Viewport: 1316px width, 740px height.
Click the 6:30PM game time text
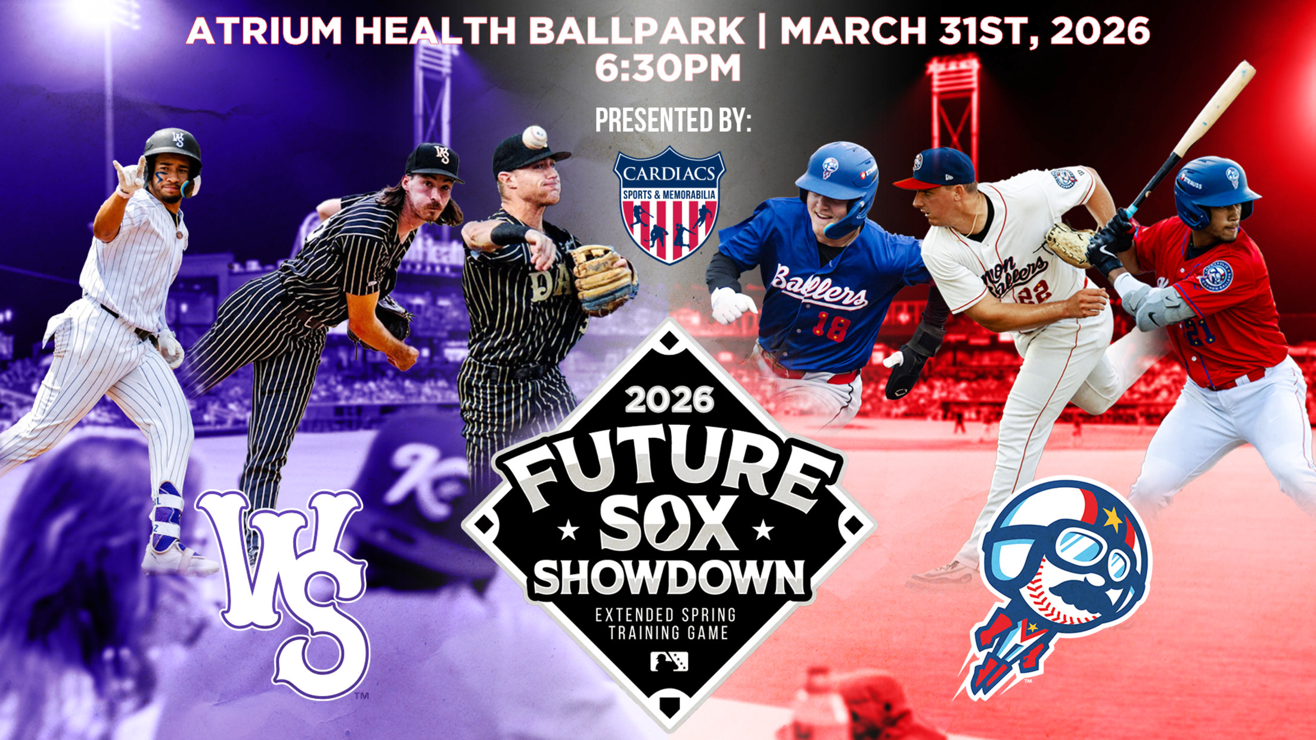point(668,68)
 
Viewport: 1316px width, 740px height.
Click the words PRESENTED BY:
point(673,120)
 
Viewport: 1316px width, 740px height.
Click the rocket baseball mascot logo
point(1055,587)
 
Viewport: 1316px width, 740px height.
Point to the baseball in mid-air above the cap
point(535,138)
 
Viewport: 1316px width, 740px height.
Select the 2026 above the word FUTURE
point(669,399)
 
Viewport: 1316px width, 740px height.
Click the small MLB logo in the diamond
point(669,661)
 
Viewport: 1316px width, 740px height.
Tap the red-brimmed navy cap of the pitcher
point(935,169)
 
